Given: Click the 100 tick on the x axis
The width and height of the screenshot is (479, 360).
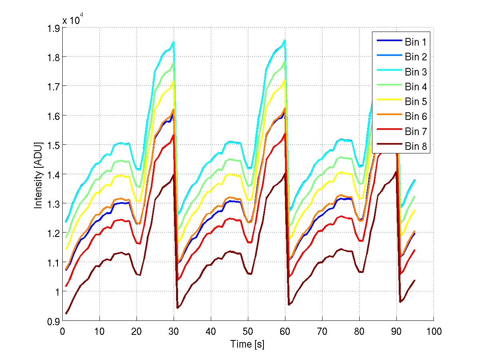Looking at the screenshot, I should [x=433, y=331].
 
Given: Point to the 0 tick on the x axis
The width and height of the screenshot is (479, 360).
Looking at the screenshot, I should [x=62, y=331].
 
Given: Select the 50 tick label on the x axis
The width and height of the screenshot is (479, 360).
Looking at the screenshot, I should [x=248, y=331].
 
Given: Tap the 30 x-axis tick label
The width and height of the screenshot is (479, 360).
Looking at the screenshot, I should [x=174, y=331].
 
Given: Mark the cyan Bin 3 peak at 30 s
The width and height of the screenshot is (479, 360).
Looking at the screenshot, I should [x=174, y=41].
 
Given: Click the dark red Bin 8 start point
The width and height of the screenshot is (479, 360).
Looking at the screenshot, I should [x=66, y=314].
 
